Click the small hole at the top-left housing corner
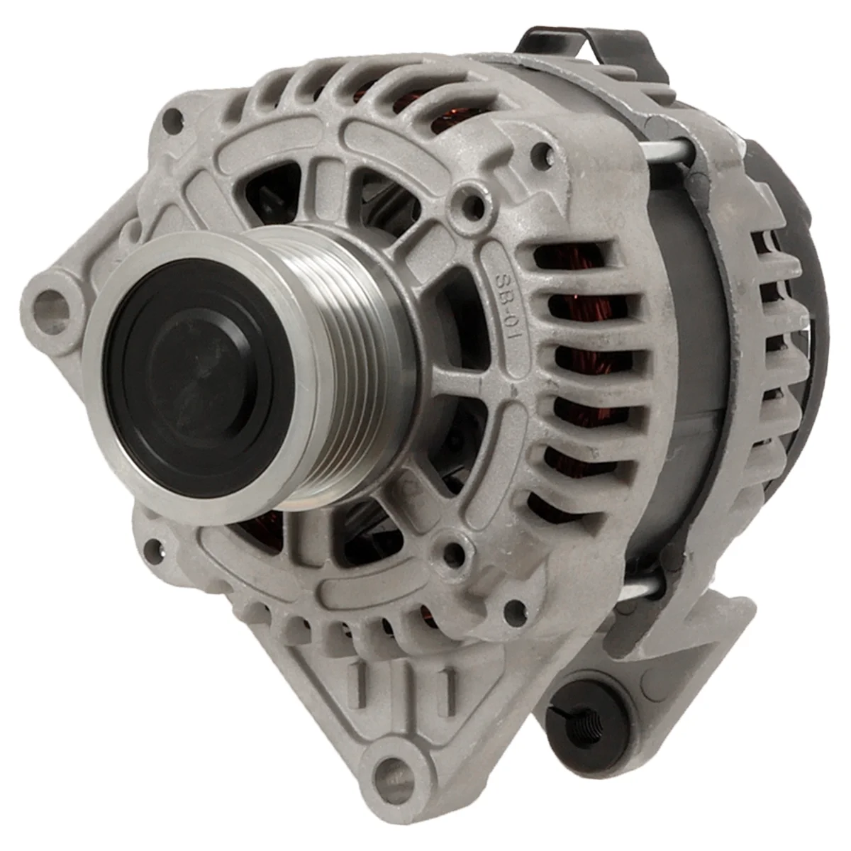[172, 118]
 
